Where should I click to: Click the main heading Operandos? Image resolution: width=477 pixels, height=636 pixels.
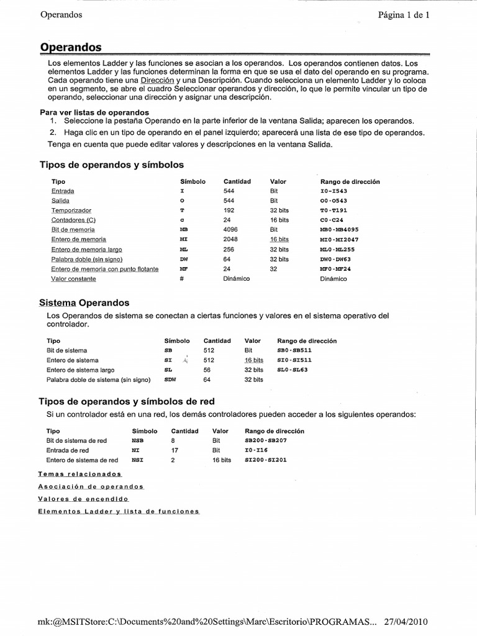pos(71,47)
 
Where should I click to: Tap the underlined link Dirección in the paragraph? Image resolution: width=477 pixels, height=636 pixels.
pos(157,80)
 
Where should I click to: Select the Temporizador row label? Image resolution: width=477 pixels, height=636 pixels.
pos(71,211)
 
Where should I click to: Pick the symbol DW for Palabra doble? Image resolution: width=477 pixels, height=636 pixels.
pos(183,259)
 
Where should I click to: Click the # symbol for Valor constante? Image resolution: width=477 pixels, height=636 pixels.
pos(182,279)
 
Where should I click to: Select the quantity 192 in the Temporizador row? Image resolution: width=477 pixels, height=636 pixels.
pos(229,211)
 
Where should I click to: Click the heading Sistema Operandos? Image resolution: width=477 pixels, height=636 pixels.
pos(84,302)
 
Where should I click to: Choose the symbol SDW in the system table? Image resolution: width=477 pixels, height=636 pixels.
pos(170,379)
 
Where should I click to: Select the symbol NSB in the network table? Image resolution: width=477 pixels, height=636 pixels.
pos(137,440)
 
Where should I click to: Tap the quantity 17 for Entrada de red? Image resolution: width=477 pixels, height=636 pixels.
pos(175,450)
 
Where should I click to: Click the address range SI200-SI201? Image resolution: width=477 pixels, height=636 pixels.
pos(266,460)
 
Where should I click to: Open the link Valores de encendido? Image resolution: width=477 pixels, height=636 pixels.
pos(83,499)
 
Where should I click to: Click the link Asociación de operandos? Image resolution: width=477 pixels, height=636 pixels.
pos(91,486)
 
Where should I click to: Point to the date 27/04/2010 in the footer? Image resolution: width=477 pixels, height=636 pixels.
pos(406,622)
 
